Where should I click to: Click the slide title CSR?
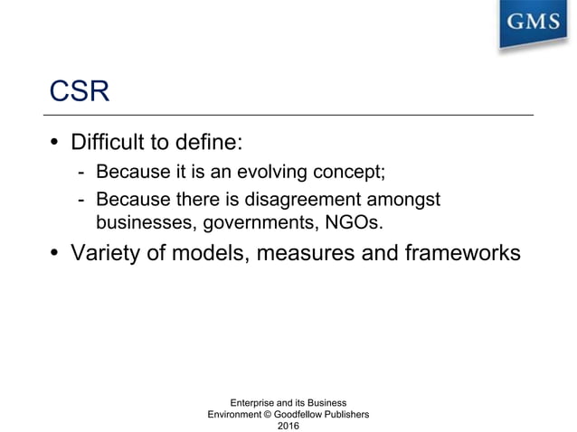pos(79,92)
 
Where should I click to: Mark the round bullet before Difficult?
pos(55,144)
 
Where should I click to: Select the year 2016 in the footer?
pos(288,425)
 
